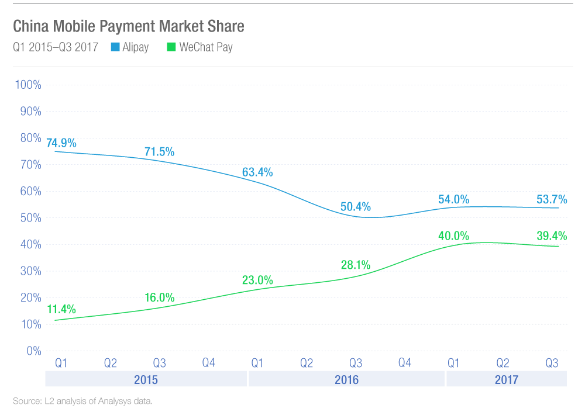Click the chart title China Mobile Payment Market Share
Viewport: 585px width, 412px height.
pos(128,26)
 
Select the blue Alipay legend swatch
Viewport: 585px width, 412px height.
pos(115,47)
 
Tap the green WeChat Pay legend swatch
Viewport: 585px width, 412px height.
pos(171,47)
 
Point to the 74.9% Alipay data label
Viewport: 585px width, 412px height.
pos(61,143)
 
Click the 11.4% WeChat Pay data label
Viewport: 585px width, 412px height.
pos(61,309)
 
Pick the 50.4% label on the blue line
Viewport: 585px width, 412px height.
pos(356,207)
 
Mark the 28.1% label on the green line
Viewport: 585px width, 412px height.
pos(356,265)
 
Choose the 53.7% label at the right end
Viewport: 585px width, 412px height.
pos(552,199)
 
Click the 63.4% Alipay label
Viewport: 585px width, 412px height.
pos(257,172)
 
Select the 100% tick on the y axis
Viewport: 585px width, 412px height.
pos(28,85)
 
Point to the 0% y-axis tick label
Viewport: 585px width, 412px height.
pos(33,351)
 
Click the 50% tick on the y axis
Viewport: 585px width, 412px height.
pos(30,218)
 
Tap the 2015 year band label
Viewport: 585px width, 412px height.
pos(146,380)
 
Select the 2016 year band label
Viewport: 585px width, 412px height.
pos(346,380)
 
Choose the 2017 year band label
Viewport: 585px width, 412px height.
pos(506,380)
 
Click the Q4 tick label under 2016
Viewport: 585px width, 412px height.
pos(405,363)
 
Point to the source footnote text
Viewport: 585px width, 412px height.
pos(82,401)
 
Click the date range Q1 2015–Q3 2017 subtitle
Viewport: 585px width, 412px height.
pos(56,47)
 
